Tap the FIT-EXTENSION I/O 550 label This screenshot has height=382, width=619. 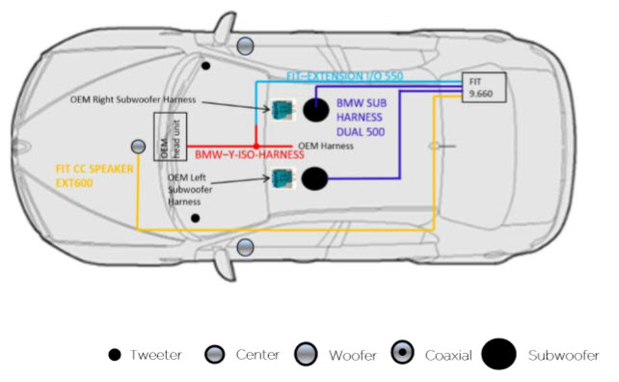(x=344, y=76)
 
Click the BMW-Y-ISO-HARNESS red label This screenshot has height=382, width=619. (x=250, y=154)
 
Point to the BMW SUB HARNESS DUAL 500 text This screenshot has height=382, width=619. (x=362, y=118)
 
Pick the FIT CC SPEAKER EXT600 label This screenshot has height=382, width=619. (x=94, y=176)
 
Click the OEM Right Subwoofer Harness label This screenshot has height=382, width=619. (x=133, y=99)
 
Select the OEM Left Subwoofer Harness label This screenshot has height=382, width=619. (x=190, y=190)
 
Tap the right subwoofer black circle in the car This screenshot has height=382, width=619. (x=316, y=110)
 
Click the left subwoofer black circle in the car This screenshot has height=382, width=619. (x=314, y=178)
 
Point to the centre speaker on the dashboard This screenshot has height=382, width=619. (x=138, y=147)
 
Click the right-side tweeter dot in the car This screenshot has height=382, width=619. (x=205, y=66)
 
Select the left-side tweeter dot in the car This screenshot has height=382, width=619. (x=195, y=218)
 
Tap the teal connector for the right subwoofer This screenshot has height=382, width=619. (x=283, y=110)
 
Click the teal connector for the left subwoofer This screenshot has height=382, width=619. (x=283, y=178)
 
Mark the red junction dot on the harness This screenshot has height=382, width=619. (x=256, y=147)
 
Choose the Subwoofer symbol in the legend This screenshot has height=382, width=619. (x=498, y=354)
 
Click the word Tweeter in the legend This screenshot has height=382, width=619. (x=156, y=355)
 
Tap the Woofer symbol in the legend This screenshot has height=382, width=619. (x=306, y=353)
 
